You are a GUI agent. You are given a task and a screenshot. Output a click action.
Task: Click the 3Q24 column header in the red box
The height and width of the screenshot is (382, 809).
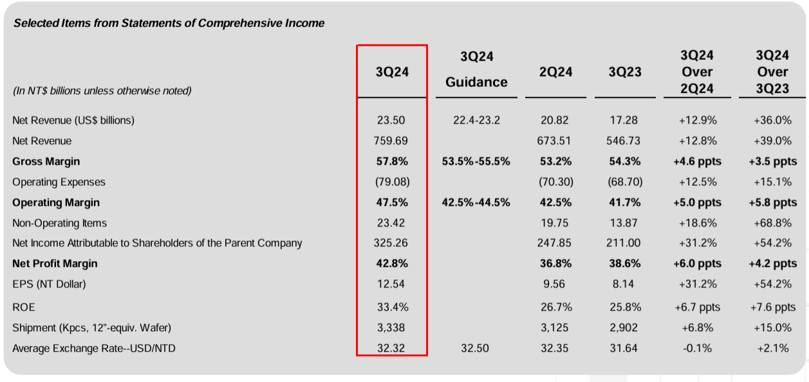pyautogui.click(x=392, y=72)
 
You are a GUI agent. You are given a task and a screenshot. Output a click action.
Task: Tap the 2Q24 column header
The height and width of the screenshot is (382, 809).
pyautogui.click(x=555, y=72)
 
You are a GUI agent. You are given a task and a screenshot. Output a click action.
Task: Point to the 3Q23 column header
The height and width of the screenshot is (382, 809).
pyautogui.click(x=625, y=72)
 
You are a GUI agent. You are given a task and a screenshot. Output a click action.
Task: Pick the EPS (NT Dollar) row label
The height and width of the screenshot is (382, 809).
pyautogui.click(x=49, y=284)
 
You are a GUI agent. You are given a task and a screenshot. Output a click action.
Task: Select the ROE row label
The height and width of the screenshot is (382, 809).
pyautogui.click(x=24, y=307)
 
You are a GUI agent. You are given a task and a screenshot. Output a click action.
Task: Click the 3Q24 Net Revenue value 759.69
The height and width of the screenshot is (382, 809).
pyautogui.click(x=392, y=141)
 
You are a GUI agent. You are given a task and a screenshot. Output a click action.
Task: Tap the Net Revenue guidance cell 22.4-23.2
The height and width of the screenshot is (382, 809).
pyautogui.click(x=476, y=120)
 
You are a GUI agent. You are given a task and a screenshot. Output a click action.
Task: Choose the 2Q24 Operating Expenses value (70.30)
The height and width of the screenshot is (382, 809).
pyautogui.click(x=555, y=182)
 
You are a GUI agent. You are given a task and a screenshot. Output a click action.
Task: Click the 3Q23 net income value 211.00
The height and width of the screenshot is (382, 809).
pyautogui.click(x=625, y=243)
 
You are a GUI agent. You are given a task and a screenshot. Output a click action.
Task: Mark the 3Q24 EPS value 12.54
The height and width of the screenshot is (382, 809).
pyautogui.click(x=392, y=284)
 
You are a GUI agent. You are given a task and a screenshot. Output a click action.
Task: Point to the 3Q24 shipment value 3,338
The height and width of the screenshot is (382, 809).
pyautogui.click(x=392, y=328)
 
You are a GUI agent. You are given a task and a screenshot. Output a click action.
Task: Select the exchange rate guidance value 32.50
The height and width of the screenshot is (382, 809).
pyautogui.click(x=476, y=349)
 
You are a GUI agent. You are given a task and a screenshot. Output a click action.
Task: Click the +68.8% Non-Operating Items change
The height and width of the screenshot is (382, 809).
pyautogui.click(x=772, y=223)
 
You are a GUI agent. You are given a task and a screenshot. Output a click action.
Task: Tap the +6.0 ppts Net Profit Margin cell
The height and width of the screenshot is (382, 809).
pyautogui.click(x=698, y=264)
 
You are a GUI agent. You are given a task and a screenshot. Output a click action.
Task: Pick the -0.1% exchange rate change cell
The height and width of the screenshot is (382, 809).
pyautogui.click(x=698, y=349)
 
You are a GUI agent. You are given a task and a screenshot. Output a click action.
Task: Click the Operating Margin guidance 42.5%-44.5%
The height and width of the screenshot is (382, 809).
pyautogui.click(x=476, y=203)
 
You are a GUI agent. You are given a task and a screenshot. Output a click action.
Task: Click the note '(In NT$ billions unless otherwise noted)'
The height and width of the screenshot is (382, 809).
pyautogui.click(x=102, y=91)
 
